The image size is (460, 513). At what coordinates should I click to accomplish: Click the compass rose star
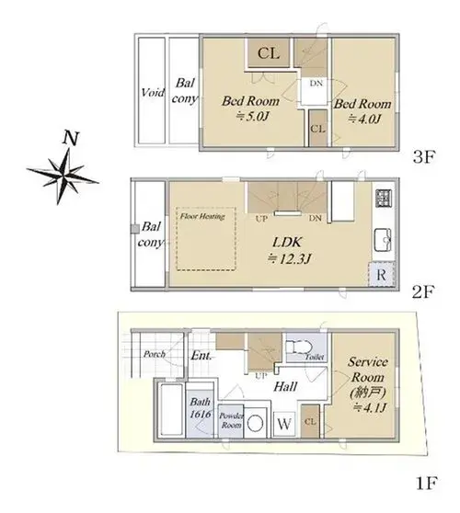pyautogui.click(x=63, y=177)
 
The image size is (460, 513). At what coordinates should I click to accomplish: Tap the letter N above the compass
pyautogui.click(x=71, y=138)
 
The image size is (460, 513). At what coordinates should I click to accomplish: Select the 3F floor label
pyautogui.click(x=423, y=157)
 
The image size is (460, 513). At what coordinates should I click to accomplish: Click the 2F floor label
pyautogui.click(x=422, y=291)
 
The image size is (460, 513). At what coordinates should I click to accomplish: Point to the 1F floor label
pyautogui.click(x=427, y=483)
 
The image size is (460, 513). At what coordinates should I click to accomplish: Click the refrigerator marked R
pyautogui.click(x=381, y=274)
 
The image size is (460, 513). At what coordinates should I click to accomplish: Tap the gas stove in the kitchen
pyautogui.click(x=384, y=199)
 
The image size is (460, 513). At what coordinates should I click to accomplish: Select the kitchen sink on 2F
pyautogui.click(x=383, y=239)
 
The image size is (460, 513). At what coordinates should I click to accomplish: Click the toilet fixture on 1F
pyautogui.click(x=300, y=347)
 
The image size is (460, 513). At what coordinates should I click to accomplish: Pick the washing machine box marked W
pyautogui.click(x=284, y=424)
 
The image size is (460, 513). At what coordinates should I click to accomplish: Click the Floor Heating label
pyautogui.click(x=202, y=216)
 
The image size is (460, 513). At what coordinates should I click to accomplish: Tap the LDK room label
pyautogui.click(x=287, y=243)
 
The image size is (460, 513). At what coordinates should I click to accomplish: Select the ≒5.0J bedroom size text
pyautogui.click(x=253, y=117)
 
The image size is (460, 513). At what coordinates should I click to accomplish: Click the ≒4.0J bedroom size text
pyautogui.click(x=364, y=120)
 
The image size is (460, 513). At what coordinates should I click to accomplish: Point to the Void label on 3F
pyautogui.click(x=153, y=93)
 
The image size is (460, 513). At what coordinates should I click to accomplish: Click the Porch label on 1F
pyautogui.click(x=155, y=354)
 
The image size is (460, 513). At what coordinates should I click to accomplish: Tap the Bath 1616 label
pyautogui.click(x=201, y=407)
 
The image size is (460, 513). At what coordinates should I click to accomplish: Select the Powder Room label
pyautogui.click(x=232, y=420)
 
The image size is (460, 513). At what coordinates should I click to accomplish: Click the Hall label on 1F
pyautogui.click(x=285, y=387)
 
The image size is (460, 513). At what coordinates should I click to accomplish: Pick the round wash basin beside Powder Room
pyautogui.click(x=255, y=424)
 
